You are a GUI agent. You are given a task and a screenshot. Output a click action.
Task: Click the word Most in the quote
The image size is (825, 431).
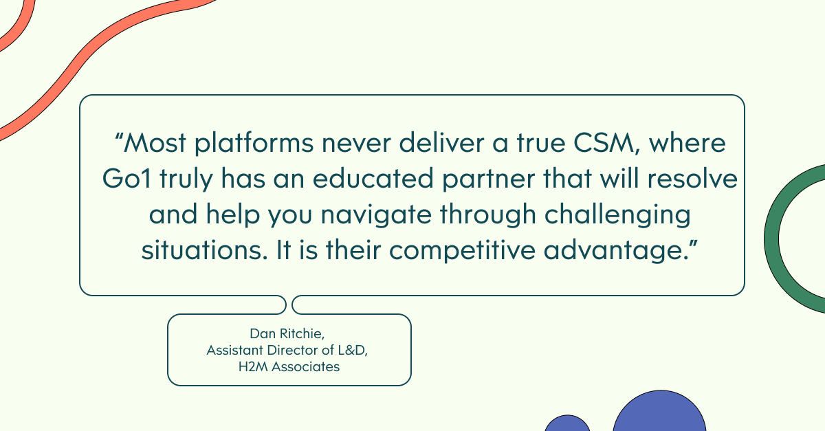tap(155, 143)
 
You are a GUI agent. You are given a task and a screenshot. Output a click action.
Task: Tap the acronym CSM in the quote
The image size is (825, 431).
tap(604, 143)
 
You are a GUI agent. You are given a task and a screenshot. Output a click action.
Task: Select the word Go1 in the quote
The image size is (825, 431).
tap(126, 179)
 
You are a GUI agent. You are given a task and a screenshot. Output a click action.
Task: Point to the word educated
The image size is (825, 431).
tap(373, 179)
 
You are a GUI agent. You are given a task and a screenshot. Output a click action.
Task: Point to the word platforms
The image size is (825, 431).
tap(254, 144)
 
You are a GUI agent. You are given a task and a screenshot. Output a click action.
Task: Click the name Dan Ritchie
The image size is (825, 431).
tap(286, 334)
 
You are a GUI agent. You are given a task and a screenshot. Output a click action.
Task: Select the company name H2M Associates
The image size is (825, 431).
tap(289, 367)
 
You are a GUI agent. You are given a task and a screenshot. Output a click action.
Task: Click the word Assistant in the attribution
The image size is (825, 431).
tap(235, 350)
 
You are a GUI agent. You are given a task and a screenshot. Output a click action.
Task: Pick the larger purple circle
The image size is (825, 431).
tap(659, 411)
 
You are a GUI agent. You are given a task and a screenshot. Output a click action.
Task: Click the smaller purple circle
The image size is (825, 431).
tap(567, 423)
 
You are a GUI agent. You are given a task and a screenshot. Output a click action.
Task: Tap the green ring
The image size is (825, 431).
tap(771, 239)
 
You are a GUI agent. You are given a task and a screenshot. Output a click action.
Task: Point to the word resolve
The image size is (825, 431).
tap(692, 179)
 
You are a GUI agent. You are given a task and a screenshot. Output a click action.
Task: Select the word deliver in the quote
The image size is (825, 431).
tap(441, 143)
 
